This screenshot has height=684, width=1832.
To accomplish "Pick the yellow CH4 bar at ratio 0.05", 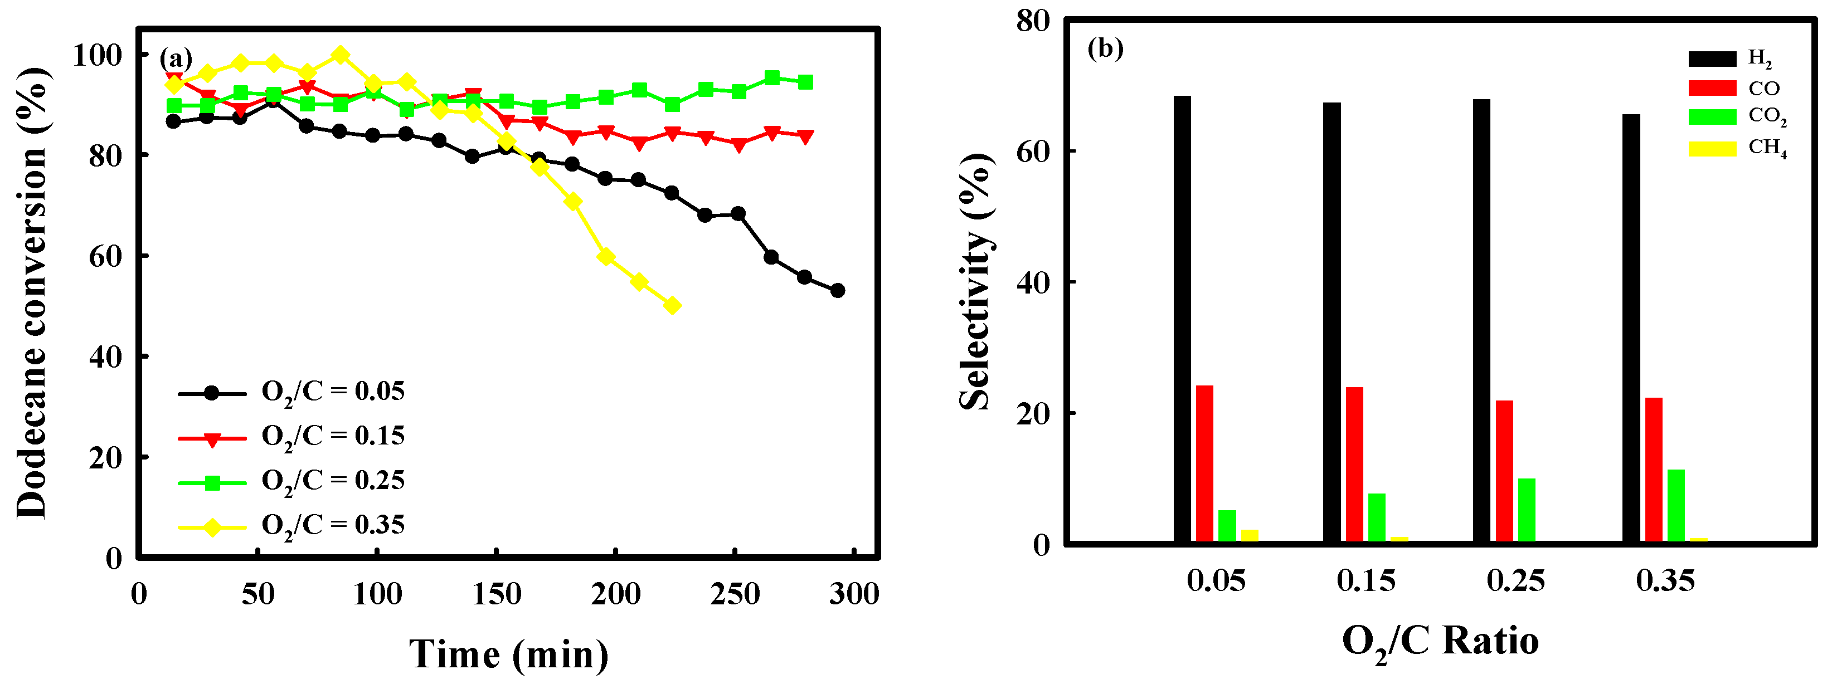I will pos(1250,535).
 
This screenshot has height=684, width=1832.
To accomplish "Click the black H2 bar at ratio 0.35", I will pos(1631,327).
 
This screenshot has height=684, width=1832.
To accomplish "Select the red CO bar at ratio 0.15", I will pos(1355,463).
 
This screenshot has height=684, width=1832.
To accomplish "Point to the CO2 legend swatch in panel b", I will pos(1712,116).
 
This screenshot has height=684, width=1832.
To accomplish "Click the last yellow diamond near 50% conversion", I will pos(672,306).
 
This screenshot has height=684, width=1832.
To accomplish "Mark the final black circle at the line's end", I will pos(838,290).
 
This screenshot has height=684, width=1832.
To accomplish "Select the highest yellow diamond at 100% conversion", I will pos(341,55).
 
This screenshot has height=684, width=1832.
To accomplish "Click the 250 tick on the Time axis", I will pos(734,593).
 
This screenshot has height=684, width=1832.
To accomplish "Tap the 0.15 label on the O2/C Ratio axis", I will pos(1366,581).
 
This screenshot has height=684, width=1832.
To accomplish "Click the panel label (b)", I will pos(1105,48).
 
